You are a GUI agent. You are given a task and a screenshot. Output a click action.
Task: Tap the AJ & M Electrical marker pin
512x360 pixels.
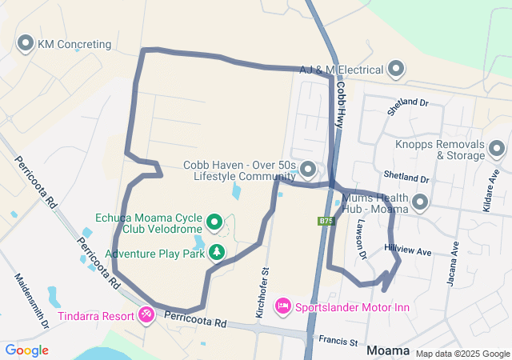[395, 70]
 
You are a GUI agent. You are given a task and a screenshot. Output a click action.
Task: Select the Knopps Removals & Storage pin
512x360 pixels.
[497, 149]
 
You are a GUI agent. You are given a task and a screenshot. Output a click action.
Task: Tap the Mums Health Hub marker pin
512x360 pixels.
[419, 203]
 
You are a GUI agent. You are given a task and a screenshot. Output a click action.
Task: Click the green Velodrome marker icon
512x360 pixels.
[214, 222]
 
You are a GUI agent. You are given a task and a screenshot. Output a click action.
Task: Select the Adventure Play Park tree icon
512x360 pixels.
[216, 254]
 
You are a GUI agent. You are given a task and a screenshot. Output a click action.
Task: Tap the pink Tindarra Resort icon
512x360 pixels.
[146, 314]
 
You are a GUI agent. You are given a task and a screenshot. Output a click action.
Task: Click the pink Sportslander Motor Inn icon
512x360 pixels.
[282, 306]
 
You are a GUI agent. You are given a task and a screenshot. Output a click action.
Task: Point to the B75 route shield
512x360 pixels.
[326, 221]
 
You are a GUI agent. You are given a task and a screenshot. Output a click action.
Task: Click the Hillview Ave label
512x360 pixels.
[408, 250]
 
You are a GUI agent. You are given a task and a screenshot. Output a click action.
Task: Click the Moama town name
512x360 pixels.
[388, 350]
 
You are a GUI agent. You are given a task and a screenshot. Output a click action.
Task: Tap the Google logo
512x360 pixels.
[26, 350]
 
